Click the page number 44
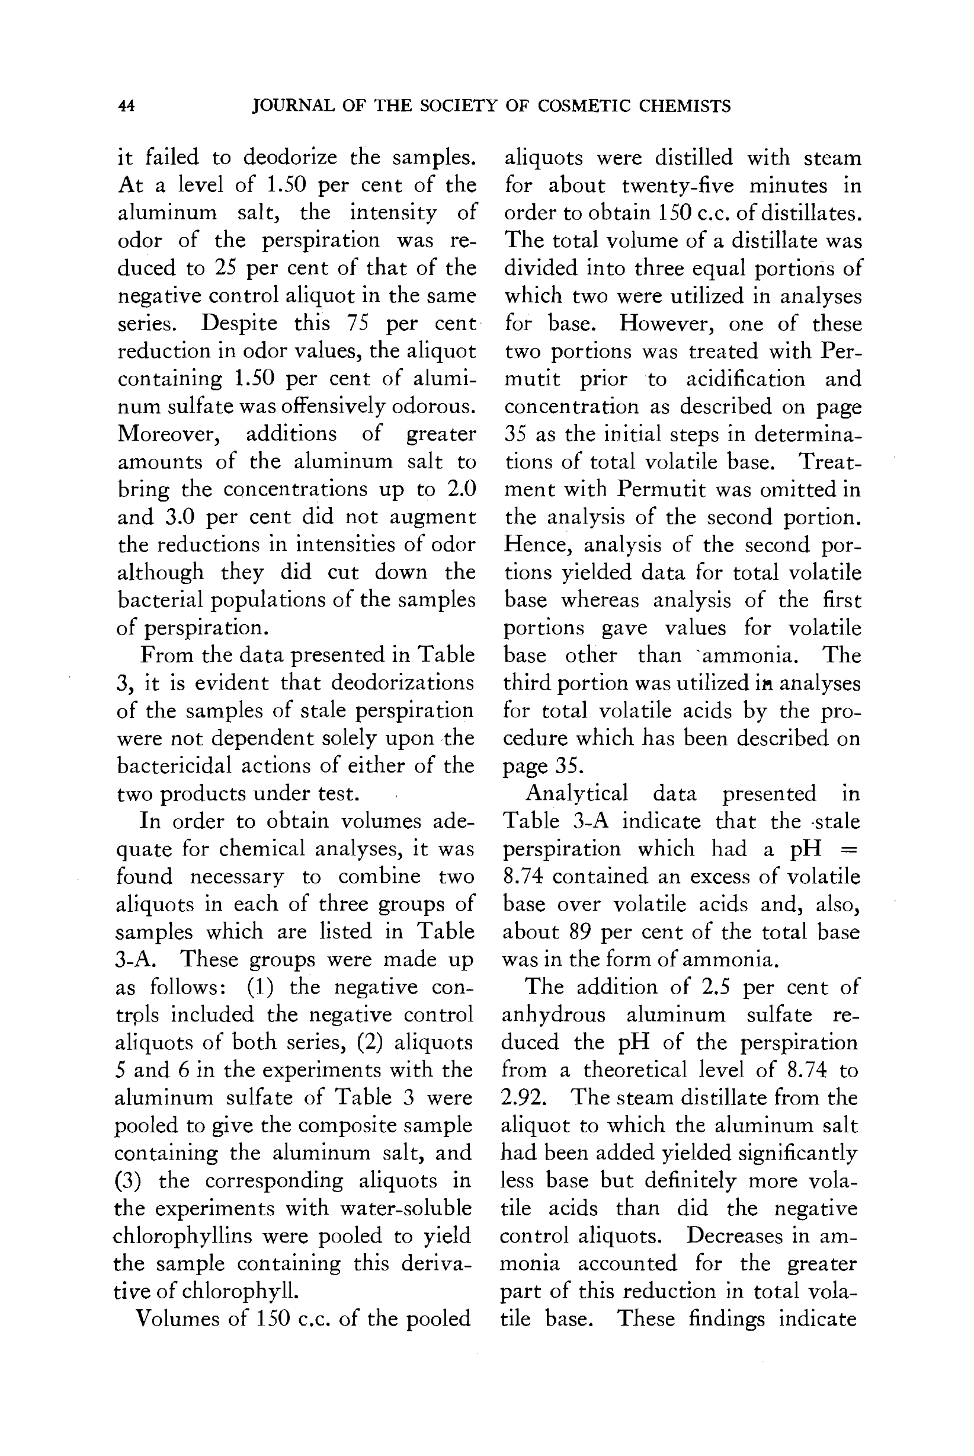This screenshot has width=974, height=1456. coord(126,106)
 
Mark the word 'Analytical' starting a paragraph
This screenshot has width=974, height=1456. coord(577,794)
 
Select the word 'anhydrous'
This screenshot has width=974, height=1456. coord(553,1015)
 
